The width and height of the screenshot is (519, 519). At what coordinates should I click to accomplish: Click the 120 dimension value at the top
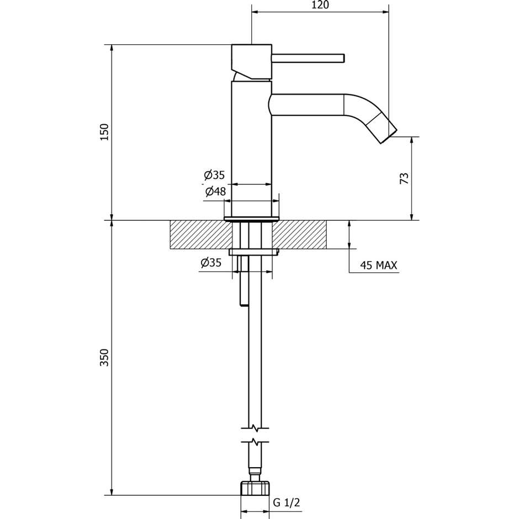coord(320,5)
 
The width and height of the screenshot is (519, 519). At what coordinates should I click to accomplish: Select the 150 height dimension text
coord(104,132)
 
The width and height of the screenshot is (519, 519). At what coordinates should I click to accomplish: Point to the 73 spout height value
coord(404,178)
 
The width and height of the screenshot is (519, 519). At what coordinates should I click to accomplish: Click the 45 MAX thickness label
coord(378,266)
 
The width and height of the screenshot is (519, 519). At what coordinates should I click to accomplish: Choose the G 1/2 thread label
coord(287,502)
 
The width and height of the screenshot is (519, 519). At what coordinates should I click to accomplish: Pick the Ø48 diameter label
coord(215,192)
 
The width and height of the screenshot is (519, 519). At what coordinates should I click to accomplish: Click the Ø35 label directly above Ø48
coord(214,175)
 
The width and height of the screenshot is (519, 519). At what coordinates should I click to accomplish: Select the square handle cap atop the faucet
coord(251,61)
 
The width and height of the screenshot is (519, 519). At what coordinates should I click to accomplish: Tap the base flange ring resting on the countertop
coord(251,219)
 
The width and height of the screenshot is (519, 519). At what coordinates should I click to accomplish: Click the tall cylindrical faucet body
coord(251,149)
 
